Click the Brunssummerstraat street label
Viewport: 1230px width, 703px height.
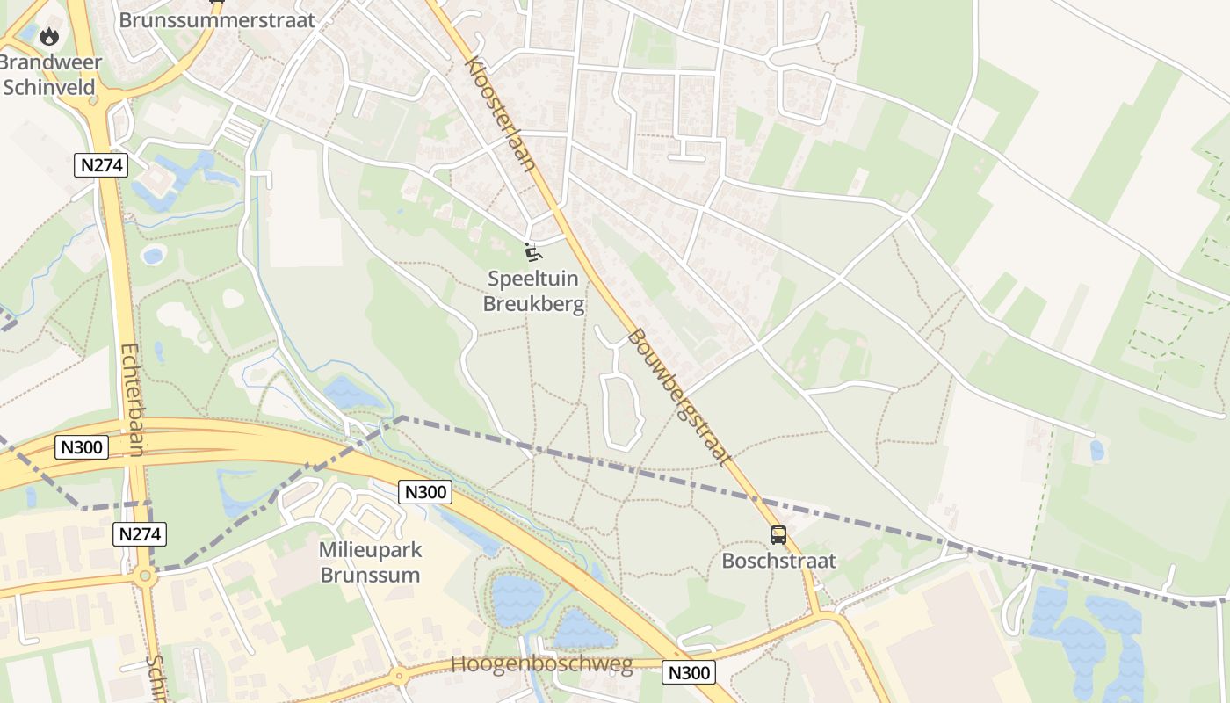coord(216,20)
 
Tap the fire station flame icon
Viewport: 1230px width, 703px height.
coord(49,37)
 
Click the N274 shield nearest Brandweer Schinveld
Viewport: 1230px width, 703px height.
coord(101,164)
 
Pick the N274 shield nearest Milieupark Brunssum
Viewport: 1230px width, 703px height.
coord(140,533)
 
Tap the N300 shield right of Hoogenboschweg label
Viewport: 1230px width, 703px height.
coord(690,673)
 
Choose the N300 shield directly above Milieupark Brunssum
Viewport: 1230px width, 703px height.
coord(425,491)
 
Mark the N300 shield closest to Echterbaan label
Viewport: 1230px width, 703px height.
coord(83,446)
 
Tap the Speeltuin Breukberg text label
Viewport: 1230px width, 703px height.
coord(536,292)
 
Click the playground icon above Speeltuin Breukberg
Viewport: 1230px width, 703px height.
coord(532,252)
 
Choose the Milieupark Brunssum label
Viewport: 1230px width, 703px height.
coord(370,562)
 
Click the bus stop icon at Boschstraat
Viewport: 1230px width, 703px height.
coord(778,534)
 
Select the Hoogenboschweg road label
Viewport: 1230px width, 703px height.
coord(542,664)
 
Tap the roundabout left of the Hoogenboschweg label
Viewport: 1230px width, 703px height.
coord(400,677)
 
